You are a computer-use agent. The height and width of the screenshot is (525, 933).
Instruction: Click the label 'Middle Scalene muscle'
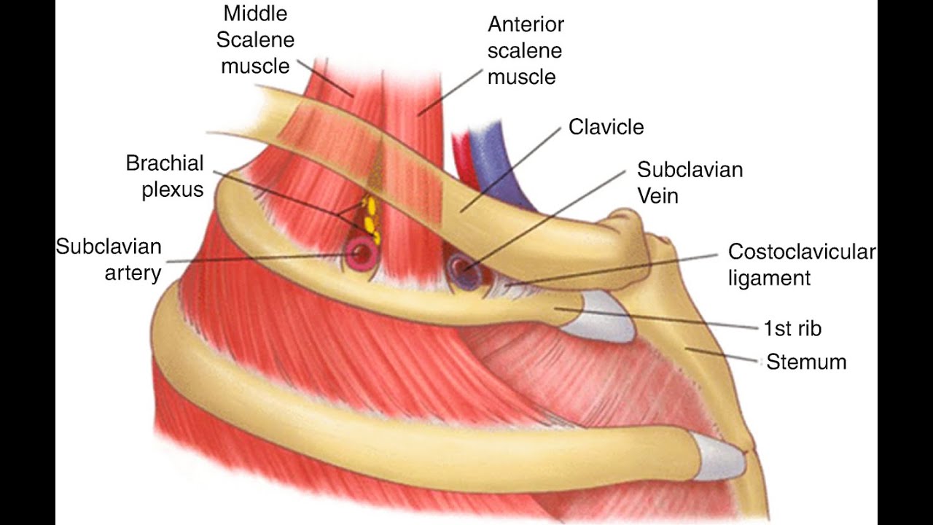pyautogui.click(x=255, y=39)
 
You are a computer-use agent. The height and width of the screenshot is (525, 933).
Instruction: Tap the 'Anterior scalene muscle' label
pyautogui.click(x=525, y=50)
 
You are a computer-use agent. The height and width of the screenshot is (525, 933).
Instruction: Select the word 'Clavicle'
pyautogui.click(x=606, y=128)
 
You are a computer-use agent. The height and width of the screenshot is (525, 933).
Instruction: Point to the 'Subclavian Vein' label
pyautogui.click(x=690, y=182)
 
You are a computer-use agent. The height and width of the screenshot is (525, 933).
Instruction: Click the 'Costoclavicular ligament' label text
pyautogui.click(x=800, y=265)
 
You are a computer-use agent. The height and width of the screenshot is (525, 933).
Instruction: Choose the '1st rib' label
pyautogui.click(x=792, y=329)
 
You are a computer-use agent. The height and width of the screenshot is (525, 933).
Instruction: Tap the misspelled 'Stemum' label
pyautogui.click(x=806, y=362)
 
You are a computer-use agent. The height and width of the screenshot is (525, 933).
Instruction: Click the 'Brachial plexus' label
pyautogui.click(x=165, y=176)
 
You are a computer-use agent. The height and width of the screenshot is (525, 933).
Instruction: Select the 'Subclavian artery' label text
pyautogui.click(x=109, y=260)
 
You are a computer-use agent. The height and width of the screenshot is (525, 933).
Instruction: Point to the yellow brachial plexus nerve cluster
pyautogui.click(x=370, y=219)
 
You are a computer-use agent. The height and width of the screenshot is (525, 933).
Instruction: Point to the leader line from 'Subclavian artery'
pyautogui.click(x=255, y=258)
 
